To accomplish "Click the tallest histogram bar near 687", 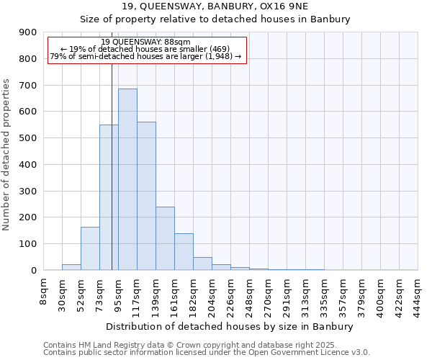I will pos(127,180).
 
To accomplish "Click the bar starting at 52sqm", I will pos(90,248).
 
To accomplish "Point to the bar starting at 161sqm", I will pos(184,252).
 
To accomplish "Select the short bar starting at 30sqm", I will pos(71,267).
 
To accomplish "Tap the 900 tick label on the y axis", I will pos(28,32).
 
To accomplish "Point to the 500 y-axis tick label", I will pos(28,138).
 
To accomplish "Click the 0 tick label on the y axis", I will pos(34,271).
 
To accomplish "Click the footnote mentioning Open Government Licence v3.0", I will pos(207,353).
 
